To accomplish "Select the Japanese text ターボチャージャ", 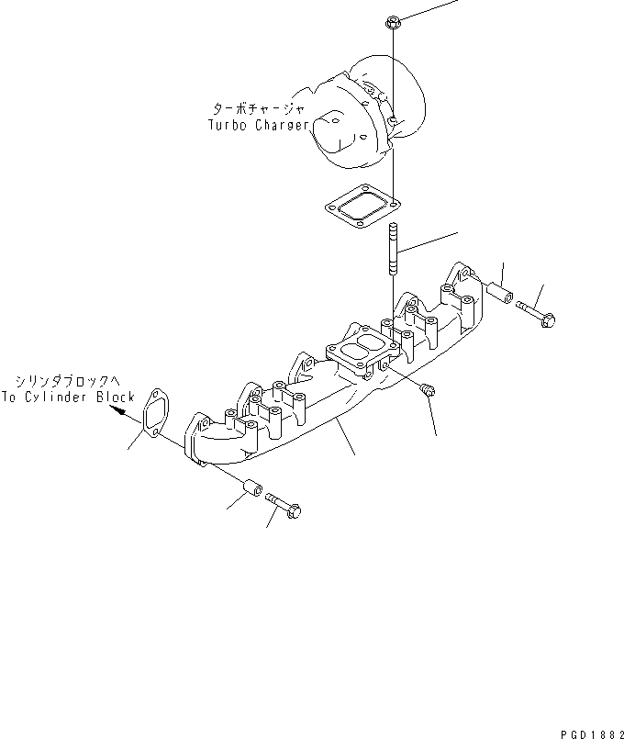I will point(258,107).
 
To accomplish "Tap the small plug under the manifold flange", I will point(429,391).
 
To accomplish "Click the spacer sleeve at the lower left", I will point(251,488).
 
